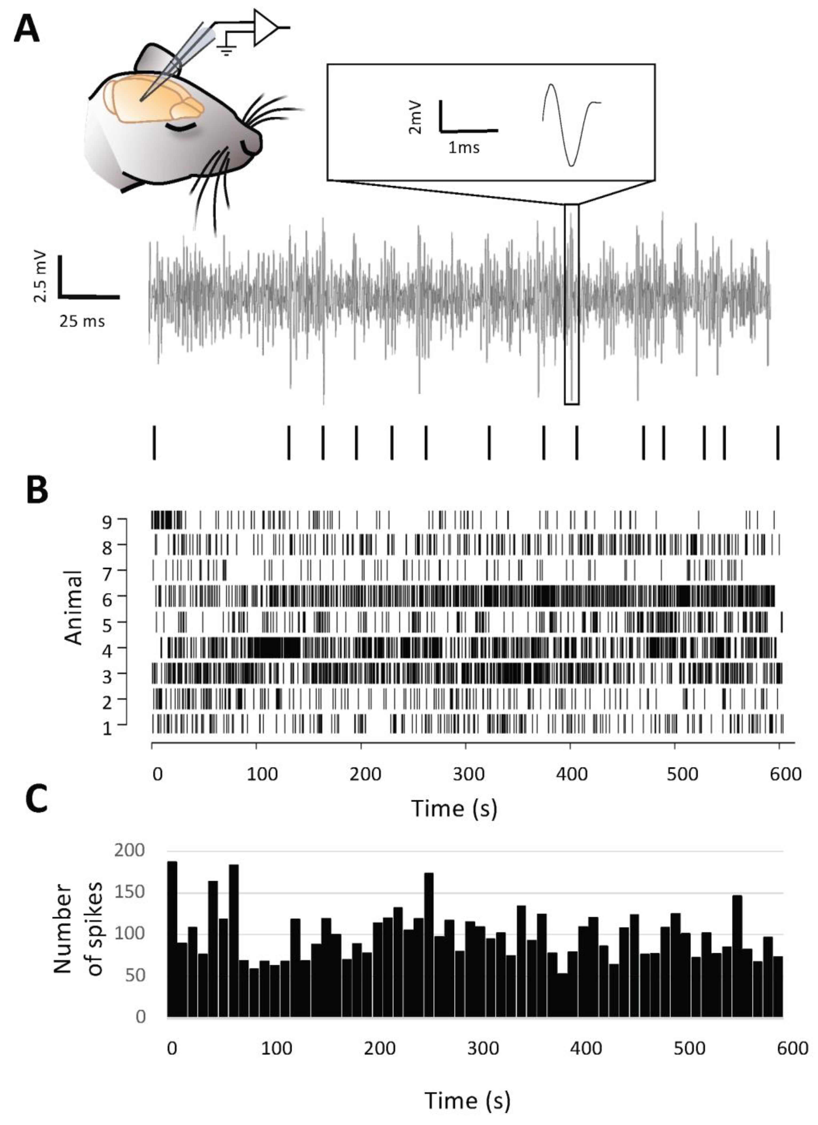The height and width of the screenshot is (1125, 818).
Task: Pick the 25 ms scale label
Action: pos(82,321)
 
